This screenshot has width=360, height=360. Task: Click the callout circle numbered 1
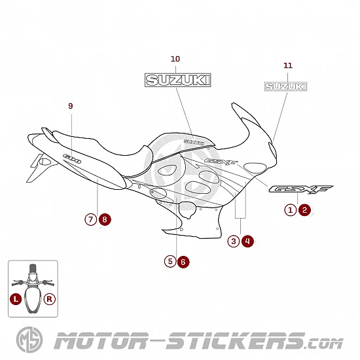tap(291, 210)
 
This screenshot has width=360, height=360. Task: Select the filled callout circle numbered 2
tap(304, 210)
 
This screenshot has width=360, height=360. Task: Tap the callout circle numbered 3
tap(234, 241)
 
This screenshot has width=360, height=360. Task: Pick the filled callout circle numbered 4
tap(247, 241)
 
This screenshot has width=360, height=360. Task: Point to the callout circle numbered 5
tap(170, 262)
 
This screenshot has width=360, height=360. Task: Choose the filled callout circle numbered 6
tap(183, 262)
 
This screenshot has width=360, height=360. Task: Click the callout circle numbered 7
tap(91, 219)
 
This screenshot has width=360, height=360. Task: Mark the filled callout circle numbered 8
tap(105, 219)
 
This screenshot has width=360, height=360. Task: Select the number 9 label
tap(71, 106)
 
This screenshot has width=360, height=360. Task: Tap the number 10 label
tap(175, 59)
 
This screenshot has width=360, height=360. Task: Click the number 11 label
tap(288, 65)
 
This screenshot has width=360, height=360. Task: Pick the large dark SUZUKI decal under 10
tap(177, 80)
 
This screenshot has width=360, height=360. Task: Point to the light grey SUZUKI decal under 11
tap(285, 86)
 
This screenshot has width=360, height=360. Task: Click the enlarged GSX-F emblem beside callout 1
tap(300, 189)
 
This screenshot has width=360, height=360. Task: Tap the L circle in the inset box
tap(16, 299)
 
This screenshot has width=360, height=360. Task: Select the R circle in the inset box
tap(50, 299)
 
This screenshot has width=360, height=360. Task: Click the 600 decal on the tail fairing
tap(72, 158)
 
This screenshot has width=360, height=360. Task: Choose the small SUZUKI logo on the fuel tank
tap(194, 142)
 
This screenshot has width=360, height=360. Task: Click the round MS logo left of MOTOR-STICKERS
tap(29, 340)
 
